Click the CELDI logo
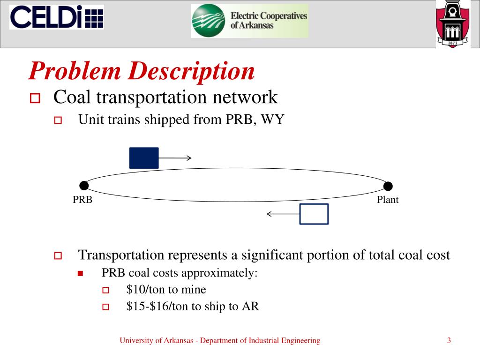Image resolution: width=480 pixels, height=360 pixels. coord(56,17)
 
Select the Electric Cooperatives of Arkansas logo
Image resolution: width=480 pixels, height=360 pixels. coord(249,21)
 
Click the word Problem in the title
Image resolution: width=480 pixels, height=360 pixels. coord(75,71)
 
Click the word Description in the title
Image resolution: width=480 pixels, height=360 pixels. coord(192,71)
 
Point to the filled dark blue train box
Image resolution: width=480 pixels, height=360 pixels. coord(144,158)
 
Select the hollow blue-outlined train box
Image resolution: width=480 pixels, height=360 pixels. coord(314,214)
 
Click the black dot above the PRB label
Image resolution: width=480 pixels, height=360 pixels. coord(84,186)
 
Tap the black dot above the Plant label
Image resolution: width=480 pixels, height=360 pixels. coord(388,186)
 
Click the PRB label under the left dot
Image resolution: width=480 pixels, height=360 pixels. coord(82,200)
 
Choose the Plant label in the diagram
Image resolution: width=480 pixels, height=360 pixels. coord(388,200)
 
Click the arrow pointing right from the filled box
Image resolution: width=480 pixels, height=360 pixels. coord(175,158)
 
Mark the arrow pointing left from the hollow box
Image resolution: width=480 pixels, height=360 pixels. coord(283,214)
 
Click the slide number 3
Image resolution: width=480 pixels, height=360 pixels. coord(449,341)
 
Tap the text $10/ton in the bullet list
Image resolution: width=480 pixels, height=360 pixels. coord(143,290)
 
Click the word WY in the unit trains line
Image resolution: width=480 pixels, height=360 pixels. coord(273,120)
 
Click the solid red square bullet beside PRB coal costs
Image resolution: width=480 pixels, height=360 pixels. coord(80,273)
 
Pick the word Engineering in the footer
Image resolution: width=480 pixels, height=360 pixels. coord(300,341)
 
